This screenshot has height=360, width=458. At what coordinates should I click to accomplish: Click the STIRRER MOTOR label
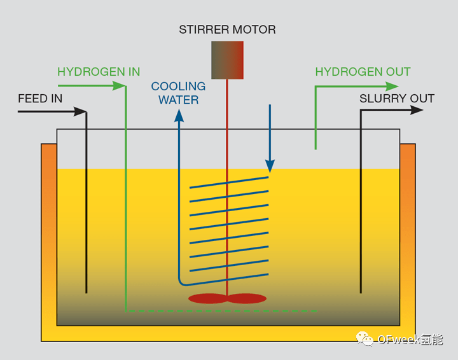pyautogui.click(x=227, y=30)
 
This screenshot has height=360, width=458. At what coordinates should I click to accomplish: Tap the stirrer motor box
pyautogui.click(x=227, y=60)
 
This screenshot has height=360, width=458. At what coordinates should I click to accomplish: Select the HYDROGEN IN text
pyautogui.click(x=99, y=72)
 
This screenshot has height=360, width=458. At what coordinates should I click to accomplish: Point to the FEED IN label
pyautogui.click(x=40, y=99)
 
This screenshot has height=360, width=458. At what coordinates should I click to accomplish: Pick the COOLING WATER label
pyautogui.click(x=178, y=93)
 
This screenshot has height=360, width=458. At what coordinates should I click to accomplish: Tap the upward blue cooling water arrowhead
pyautogui.click(x=179, y=116)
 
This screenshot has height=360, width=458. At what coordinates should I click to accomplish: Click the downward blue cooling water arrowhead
pyautogui.click(x=270, y=166)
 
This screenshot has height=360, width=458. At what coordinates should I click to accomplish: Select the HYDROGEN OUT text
pyautogui.click(x=363, y=72)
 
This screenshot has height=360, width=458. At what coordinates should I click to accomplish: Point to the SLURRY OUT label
pyautogui.click(x=396, y=99)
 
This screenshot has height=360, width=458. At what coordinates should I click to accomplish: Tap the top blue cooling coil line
pyautogui.click(x=229, y=183)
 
